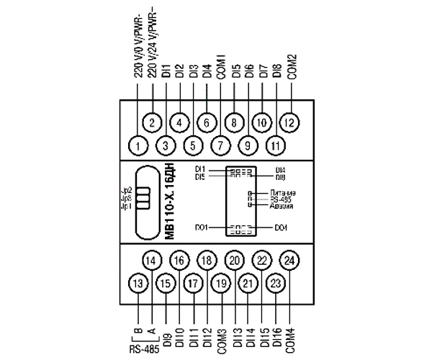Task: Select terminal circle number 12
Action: pos(289,122)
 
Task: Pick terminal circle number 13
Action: pos(138,284)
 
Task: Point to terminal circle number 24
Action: pos(289,260)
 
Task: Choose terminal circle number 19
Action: pos(220,284)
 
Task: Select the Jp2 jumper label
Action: pos(126,190)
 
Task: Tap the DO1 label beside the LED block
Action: pos(201,228)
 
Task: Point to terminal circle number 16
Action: pos(179,260)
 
